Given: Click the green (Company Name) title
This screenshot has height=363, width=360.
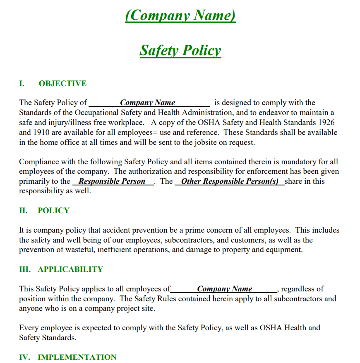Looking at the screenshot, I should [x=180, y=16].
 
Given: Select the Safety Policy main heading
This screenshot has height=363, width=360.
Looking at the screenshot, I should [x=180, y=50].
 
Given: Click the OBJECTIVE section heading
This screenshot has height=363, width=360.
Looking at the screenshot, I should [x=62, y=84].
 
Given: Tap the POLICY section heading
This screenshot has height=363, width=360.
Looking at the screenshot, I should [x=53, y=211].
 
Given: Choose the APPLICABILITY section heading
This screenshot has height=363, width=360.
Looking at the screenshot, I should [x=70, y=269].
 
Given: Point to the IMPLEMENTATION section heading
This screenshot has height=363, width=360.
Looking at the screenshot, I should [x=77, y=357].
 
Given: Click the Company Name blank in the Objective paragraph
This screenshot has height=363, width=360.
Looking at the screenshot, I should [x=148, y=103].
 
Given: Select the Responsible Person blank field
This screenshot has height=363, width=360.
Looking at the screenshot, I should [x=112, y=181].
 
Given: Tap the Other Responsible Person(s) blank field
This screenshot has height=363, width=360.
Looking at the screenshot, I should [x=230, y=181].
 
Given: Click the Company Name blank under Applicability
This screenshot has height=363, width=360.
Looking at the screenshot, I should [x=225, y=289].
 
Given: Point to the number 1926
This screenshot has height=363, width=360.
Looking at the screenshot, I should [x=326, y=123].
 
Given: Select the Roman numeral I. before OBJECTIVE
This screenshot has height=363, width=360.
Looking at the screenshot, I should [x=22, y=84].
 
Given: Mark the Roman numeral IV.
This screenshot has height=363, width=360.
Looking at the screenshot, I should [x=24, y=357].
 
